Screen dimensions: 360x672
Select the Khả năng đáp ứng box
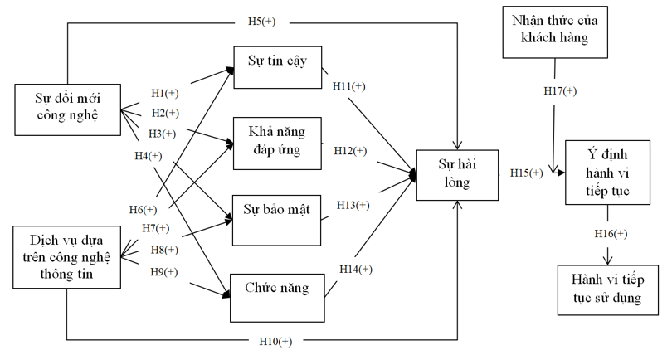tap(277, 141)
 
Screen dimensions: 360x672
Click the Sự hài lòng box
tap(459, 174)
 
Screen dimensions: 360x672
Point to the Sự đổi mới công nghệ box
tap(67, 108)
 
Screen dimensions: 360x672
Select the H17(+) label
tap(560, 90)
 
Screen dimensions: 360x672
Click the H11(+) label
tap(348, 85)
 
